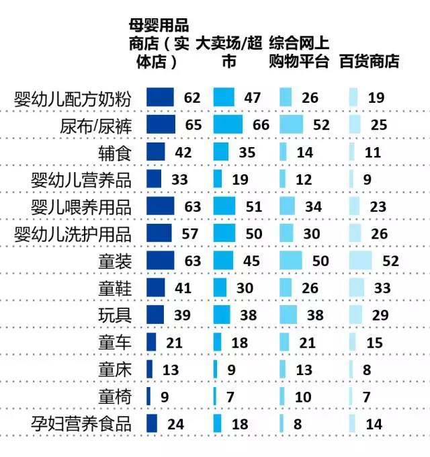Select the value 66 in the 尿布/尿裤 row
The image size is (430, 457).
click(260, 125)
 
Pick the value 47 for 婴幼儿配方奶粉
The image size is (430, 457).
click(252, 97)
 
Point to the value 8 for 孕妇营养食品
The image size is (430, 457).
click(298, 424)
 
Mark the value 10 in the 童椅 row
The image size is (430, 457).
click(304, 397)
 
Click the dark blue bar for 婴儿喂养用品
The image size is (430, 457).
click(159, 206)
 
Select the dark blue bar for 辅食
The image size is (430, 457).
click(155, 152)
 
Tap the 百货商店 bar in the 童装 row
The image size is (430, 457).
click(360, 260)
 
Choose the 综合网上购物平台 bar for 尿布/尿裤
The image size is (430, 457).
click(291, 125)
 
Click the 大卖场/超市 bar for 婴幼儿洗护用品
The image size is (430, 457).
click(224, 233)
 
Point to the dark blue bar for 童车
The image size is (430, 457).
click(150, 342)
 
